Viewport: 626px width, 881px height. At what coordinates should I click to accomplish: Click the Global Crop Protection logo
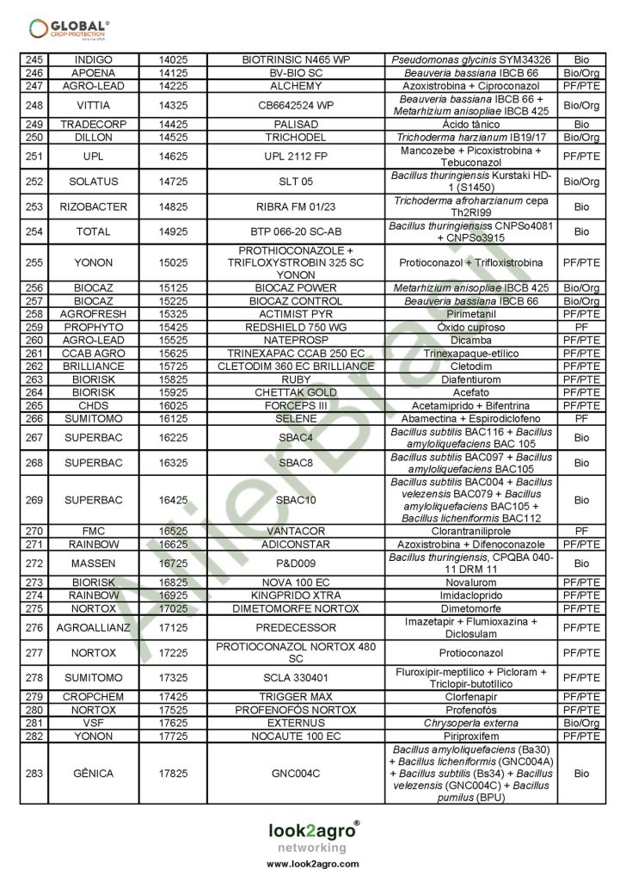coord(69,28)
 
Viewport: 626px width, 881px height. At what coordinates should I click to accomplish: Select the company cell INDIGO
coord(93,60)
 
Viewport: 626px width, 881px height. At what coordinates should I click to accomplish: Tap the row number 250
coord(34,137)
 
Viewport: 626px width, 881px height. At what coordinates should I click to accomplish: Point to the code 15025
coord(180,262)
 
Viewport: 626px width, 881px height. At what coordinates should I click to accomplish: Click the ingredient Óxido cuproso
coord(468,327)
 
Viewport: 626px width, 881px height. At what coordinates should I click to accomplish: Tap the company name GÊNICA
coord(93,773)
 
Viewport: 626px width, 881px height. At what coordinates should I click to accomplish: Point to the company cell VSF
coord(93,724)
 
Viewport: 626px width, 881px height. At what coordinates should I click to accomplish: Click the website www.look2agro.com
coord(312,864)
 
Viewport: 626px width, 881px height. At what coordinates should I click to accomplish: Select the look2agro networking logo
coord(312,835)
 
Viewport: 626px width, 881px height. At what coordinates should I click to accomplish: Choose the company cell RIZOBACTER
coord(93,206)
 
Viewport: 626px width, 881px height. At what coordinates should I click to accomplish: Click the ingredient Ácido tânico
coord(468,124)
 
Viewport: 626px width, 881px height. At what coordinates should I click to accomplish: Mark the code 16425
coord(180,500)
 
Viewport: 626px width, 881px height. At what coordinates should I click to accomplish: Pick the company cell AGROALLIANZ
coord(93,627)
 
